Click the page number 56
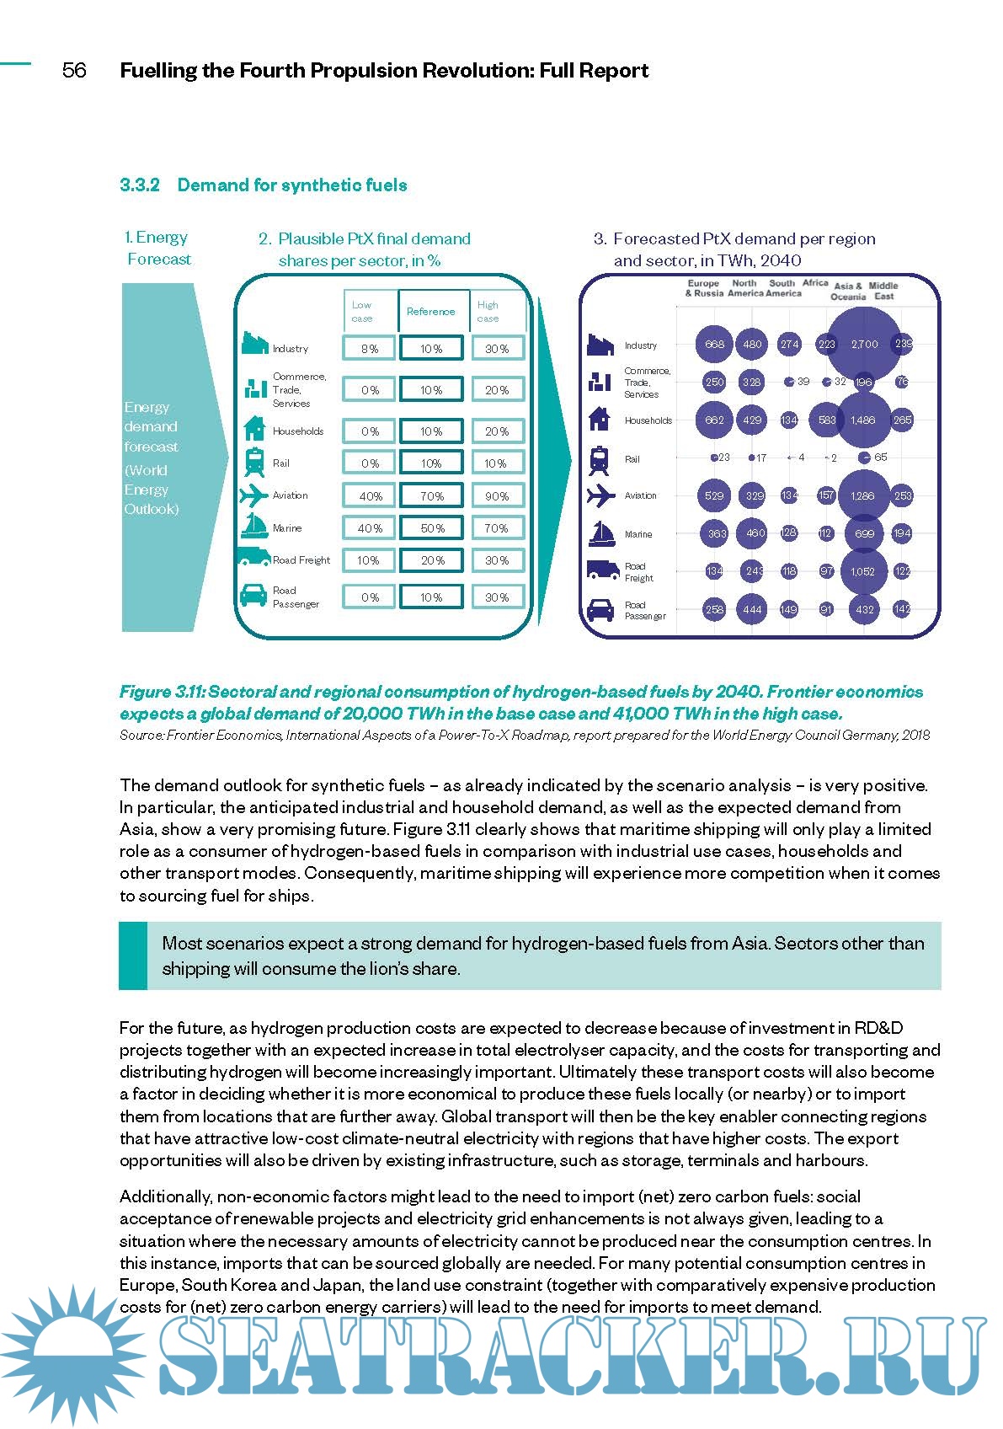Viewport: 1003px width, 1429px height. [x=74, y=70]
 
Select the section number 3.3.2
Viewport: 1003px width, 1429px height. [x=140, y=185]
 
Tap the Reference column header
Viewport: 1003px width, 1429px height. [x=430, y=312]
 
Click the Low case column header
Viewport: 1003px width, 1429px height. [x=362, y=312]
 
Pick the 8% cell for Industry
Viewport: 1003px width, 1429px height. [x=369, y=348]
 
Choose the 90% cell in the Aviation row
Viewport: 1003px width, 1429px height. [x=497, y=496]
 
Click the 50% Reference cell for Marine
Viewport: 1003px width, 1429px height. [x=432, y=528]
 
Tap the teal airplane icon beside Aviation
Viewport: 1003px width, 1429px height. [x=254, y=495]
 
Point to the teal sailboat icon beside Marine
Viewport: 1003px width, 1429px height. [x=254, y=527]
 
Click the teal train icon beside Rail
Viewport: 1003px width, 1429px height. [x=254, y=463]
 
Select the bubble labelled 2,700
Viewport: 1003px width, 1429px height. [x=864, y=344]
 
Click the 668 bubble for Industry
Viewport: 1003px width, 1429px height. [x=714, y=344]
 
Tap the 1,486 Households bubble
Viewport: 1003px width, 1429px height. [x=863, y=420]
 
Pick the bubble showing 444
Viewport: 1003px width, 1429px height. [x=752, y=609]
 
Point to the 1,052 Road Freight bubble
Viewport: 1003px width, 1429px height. [x=863, y=571]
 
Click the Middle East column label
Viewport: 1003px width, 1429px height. [x=883, y=291]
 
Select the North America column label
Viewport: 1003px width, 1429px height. [x=744, y=288]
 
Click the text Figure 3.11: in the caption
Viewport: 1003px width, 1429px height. [x=162, y=692]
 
